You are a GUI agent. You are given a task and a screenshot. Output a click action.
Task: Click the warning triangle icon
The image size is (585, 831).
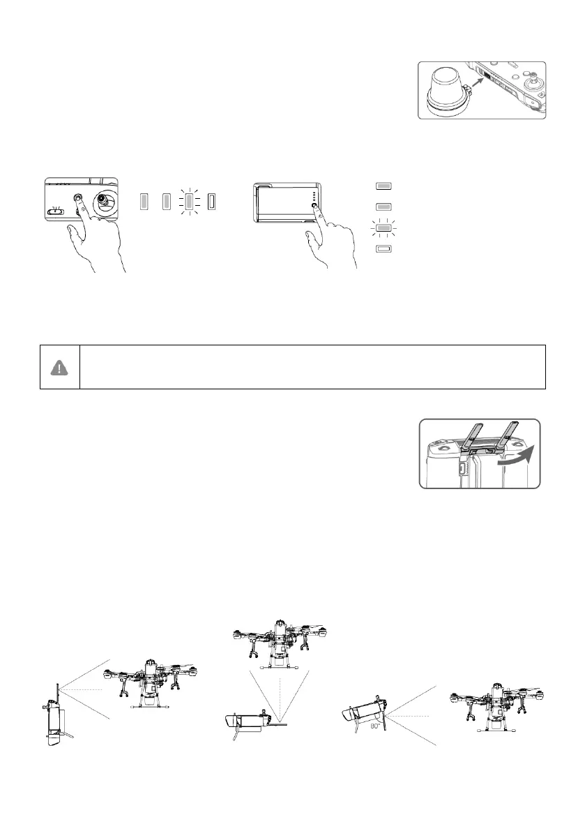59,366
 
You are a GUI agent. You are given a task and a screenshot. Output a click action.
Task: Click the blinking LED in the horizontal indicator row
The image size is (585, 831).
189,202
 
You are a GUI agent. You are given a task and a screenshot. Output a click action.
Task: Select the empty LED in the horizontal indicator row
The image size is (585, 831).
212,202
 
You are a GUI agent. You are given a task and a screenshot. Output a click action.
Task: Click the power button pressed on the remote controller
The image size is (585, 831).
77,197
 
